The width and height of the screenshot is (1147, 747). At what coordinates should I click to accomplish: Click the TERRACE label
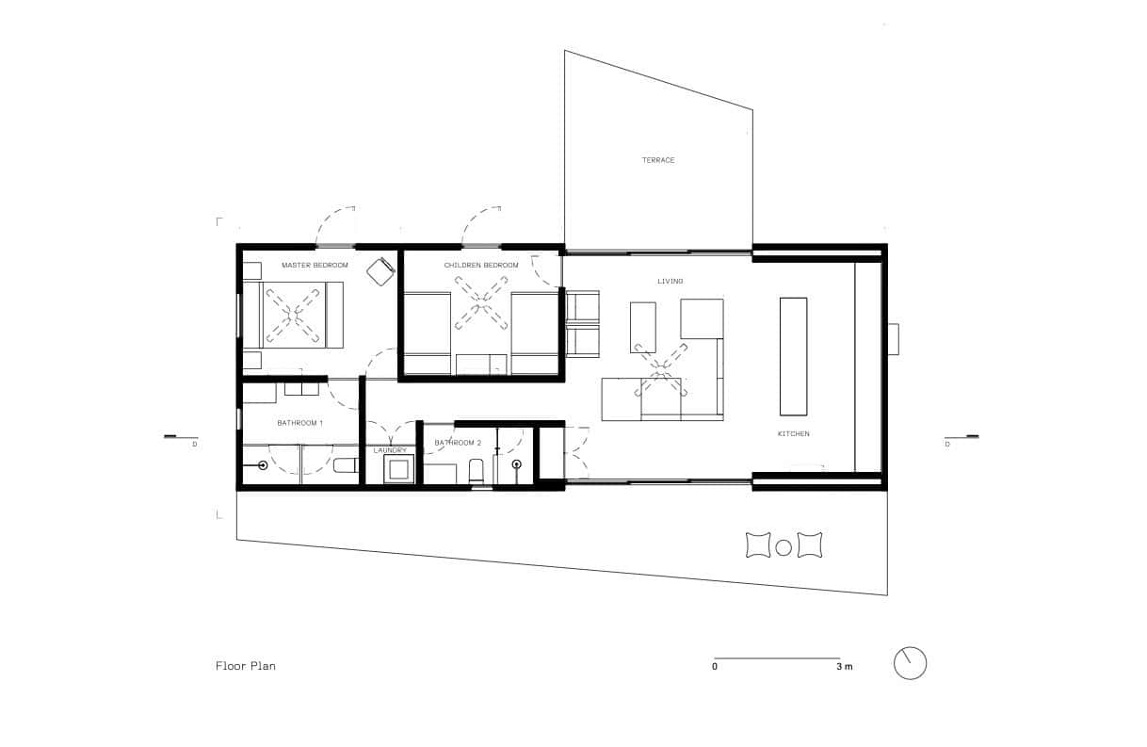[658, 160]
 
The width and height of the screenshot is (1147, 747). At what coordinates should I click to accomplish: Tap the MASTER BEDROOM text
[315, 266]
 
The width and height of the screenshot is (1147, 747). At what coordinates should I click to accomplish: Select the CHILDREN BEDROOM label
[481, 266]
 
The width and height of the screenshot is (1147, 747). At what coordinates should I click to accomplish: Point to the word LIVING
[670, 282]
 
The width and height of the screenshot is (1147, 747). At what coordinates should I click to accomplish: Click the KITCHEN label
[793, 433]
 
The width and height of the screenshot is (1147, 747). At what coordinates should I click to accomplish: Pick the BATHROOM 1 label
[299, 423]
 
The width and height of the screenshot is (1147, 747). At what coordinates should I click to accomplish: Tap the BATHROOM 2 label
[458, 442]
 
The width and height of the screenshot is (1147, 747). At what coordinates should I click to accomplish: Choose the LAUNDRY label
[390, 450]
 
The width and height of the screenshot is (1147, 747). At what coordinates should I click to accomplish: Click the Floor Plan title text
[245, 666]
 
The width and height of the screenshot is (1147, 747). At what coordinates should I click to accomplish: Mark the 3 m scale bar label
[844, 667]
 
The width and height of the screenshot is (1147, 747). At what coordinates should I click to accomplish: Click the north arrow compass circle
[910, 662]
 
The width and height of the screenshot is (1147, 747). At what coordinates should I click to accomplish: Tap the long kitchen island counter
[793, 356]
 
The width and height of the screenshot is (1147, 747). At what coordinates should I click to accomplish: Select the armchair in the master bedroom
[380, 271]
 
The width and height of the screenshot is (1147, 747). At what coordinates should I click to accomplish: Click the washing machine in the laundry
[398, 469]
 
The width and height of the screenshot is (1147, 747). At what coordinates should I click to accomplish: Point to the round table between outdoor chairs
[784, 545]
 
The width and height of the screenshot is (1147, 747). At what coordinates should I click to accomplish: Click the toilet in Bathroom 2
[476, 469]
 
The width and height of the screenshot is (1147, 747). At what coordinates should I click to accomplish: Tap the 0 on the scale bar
[715, 667]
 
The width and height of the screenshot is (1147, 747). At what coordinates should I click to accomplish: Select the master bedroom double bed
[295, 315]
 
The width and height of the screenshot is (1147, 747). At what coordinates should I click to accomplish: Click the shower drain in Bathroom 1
[263, 465]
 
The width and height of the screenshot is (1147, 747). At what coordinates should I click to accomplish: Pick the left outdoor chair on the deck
[758, 544]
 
